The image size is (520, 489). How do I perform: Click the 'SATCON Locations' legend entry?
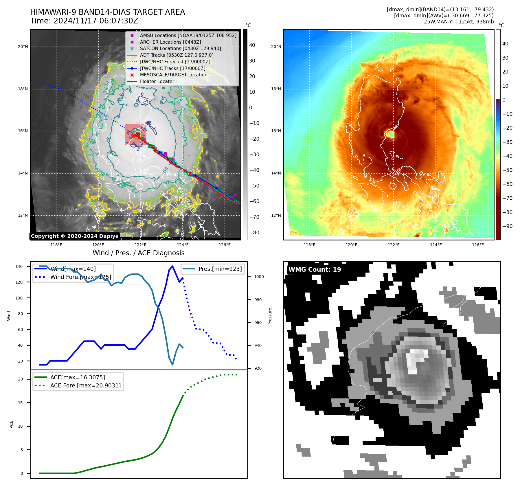pos(180,49)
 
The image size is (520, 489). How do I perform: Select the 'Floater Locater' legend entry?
pos(157,82)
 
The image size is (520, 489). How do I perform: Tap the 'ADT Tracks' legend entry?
pos(177,55)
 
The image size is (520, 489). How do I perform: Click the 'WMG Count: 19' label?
pos(315,270)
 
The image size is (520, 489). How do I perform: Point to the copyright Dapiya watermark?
pos(75,236)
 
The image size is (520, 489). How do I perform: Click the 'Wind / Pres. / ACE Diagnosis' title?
pos(138,253)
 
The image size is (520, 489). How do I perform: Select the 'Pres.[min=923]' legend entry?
pos(220,269)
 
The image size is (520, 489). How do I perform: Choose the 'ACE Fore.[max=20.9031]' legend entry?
pos(85,385)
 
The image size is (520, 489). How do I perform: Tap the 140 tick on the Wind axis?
pos(19,266)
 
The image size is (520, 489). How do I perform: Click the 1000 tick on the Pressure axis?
pos(259,277)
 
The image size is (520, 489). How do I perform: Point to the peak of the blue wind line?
pos(172,266)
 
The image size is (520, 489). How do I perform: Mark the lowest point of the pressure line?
pos(172,365)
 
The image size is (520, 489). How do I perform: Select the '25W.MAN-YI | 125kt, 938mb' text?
pos(459,22)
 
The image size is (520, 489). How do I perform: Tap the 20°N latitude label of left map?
pos(23,47)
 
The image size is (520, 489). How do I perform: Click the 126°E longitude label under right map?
pos(478,245)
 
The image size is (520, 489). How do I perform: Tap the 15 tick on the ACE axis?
pos(20,403)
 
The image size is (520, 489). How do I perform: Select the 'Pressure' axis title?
pos(270,316)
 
